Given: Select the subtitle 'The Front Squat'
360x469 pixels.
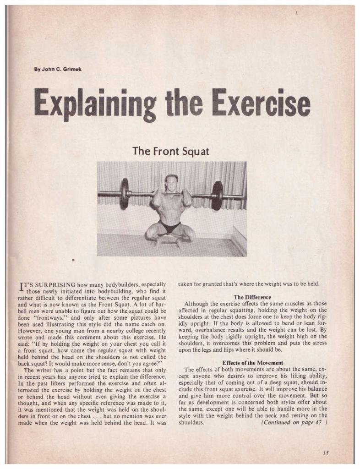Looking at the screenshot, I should coord(170,151).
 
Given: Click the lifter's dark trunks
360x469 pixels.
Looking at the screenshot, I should coord(171,226).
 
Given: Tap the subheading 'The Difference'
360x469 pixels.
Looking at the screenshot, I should coord(252,297).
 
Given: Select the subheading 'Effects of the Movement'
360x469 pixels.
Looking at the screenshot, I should coord(252,363).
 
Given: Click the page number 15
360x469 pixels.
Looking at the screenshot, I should coord(326,453).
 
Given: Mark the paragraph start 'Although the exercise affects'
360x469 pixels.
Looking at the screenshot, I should coord(215,304).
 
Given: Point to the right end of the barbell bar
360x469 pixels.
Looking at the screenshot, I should coord(242,197).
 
